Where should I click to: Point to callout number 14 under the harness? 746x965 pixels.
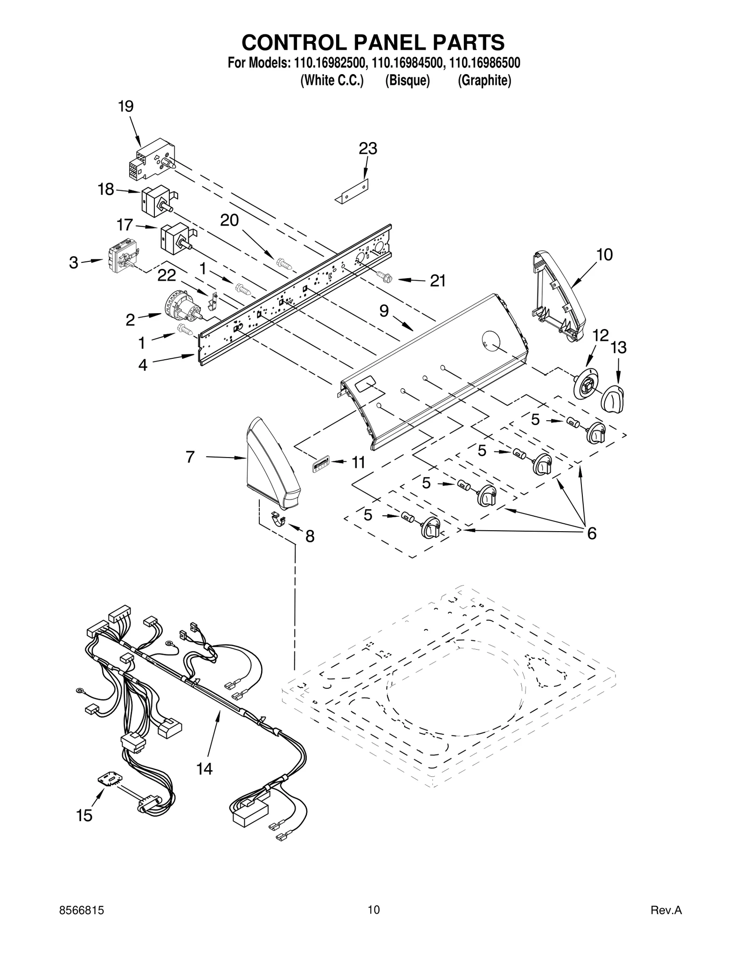[x=204, y=768]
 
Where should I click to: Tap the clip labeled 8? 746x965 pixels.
[x=279, y=518]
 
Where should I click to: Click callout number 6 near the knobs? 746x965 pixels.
[x=591, y=533]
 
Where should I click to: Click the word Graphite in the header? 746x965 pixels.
[x=484, y=81]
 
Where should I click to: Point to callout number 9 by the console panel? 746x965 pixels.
[x=384, y=311]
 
